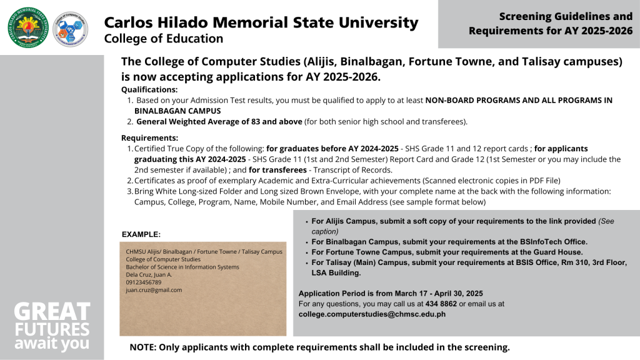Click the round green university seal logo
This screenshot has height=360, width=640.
click(27, 27)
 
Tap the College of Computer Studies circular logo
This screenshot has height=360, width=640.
click(71, 28)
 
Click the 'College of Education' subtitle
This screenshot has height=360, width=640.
click(163, 39)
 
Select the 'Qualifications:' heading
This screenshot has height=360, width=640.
click(149, 89)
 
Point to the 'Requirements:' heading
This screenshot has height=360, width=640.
click(149, 138)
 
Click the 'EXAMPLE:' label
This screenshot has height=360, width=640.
click(141, 234)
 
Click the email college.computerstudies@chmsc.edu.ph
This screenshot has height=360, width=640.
click(372, 314)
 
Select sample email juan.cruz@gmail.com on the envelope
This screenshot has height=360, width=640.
click(154, 290)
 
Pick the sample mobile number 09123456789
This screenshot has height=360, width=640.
click(144, 282)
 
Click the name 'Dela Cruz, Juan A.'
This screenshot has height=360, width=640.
click(149, 274)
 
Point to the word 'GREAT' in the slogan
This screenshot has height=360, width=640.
click(52, 312)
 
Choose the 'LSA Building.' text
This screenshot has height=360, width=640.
click(336, 273)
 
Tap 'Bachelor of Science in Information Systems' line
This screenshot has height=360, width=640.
click(182, 267)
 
